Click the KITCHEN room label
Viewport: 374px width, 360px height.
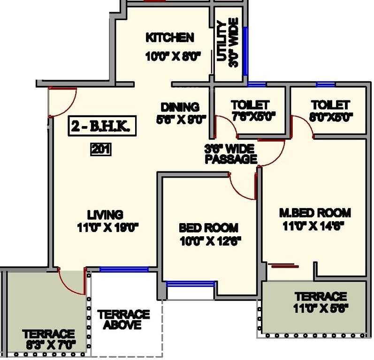pyautogui.click(x=169, y=37)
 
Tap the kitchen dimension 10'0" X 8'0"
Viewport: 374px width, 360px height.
pyautogui.click(x=173, y=57)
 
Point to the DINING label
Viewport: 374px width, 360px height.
pyautogui.click(x=180, y=107)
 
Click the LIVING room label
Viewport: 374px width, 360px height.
pyautogui.click(x=107, y=215)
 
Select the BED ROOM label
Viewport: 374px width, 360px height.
pyautogui.click(x=208, y=228)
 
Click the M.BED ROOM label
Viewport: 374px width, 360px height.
pyautogui.click(x=315, y=212)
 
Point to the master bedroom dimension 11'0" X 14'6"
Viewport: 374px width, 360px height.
pyautogui.click(x=314, y=225)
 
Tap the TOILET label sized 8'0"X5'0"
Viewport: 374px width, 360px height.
pyautogui.click(x=330, y=104)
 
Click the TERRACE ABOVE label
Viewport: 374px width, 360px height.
pyautogui.click(x=124, y=319)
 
